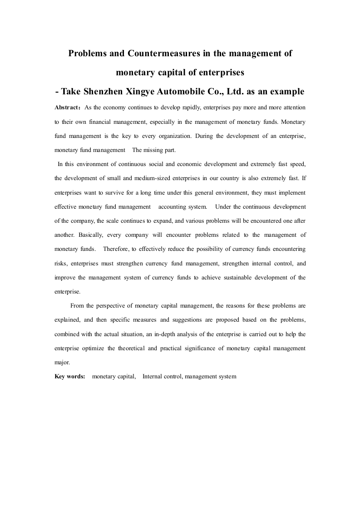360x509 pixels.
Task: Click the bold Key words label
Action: tap(69, 376)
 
